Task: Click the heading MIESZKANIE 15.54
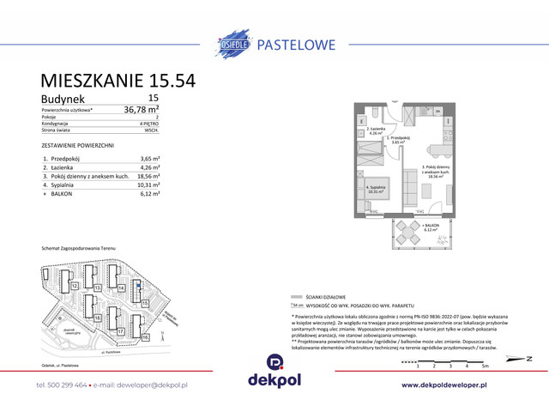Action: pos(118,81)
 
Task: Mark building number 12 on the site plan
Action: pos(75,285)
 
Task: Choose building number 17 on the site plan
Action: pos(121,330)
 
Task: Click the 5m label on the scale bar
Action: pos(485,367)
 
